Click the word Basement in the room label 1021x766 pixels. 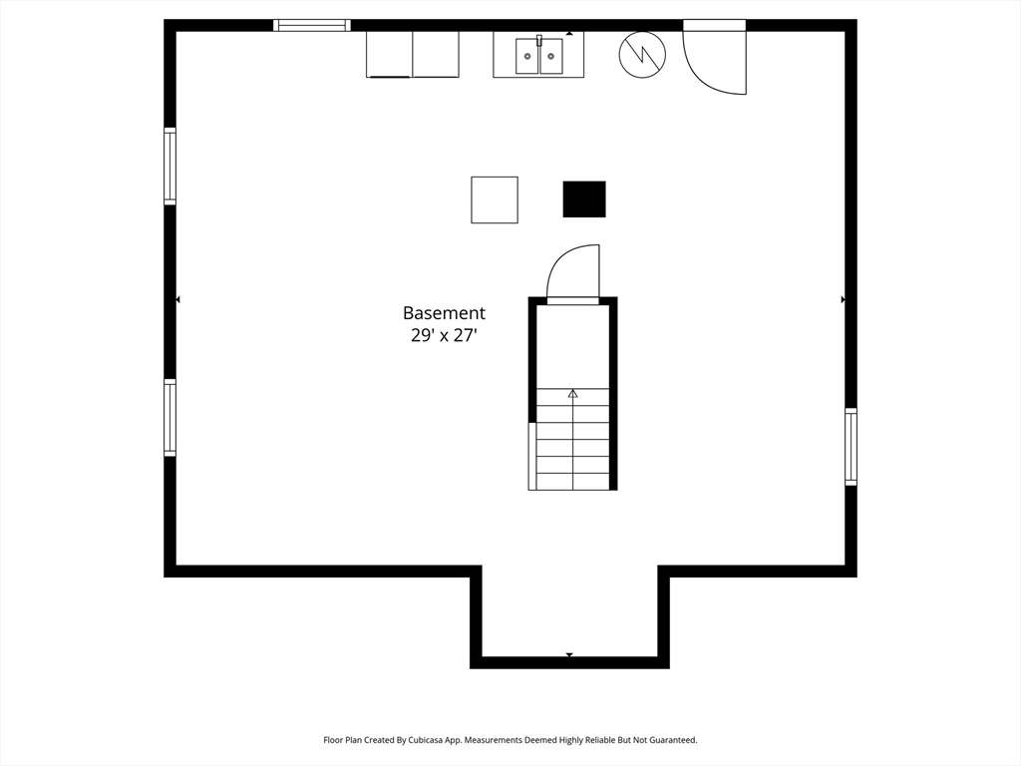tap(444, 313)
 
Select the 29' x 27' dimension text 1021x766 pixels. tap(444, 336)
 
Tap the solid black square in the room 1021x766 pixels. tap(584, 199)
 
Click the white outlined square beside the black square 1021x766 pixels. tap(495, 199)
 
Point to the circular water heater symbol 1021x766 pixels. tap(642, 55)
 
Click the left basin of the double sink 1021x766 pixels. tap(527, 56)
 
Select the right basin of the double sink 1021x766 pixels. tap(551, 56)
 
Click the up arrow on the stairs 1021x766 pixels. tap(573, 394)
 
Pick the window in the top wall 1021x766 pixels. tap(312, 25)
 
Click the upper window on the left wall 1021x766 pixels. tap(170, 167)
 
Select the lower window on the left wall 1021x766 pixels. tap(170, 418)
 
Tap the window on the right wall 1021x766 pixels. tap(851, 447)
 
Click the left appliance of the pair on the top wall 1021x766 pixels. tap(390, 54)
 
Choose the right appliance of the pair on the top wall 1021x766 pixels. tap(436, 54)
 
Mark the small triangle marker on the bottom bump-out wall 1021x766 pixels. tap(569, 655)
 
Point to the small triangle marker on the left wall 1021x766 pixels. tap(178, 299)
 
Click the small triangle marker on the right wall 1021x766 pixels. tap(843, 299)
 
